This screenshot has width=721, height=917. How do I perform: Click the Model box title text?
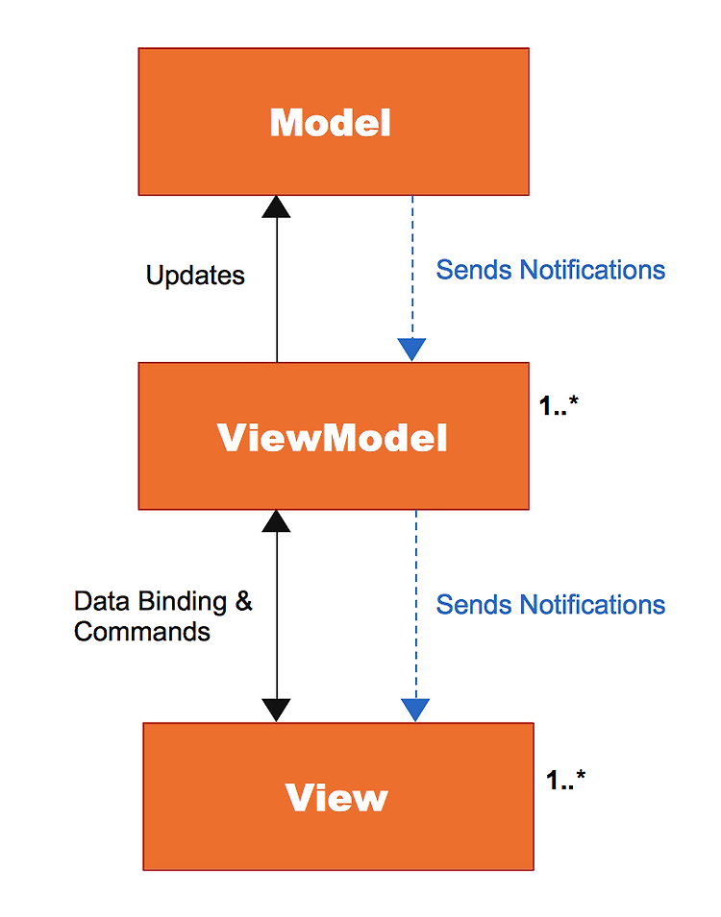(330, 123)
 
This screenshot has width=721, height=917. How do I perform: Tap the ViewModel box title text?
(332, 438)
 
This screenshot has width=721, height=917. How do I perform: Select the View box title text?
(336, 797)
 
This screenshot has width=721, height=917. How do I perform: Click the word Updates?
(195, 276)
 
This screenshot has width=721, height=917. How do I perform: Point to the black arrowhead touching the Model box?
(276, 207)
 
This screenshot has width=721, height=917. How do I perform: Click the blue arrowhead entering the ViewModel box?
(411, 350)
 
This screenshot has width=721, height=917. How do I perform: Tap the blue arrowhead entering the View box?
(415, 710)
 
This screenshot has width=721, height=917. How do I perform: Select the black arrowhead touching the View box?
(276, 711)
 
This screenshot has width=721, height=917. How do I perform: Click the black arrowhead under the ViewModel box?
(276, 521)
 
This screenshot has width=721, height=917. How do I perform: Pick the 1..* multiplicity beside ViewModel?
(559, 405)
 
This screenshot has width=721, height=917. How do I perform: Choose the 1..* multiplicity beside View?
(565, 780)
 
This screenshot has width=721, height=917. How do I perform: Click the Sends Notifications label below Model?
(551, 270)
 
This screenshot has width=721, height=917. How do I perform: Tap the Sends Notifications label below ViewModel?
(551, 605)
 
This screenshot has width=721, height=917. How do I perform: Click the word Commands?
(141, 632)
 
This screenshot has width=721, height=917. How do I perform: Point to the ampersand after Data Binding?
(243, 601)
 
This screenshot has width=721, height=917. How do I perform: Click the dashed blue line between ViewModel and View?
(416, 605)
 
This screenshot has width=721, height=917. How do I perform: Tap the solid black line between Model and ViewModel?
(277, 289)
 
